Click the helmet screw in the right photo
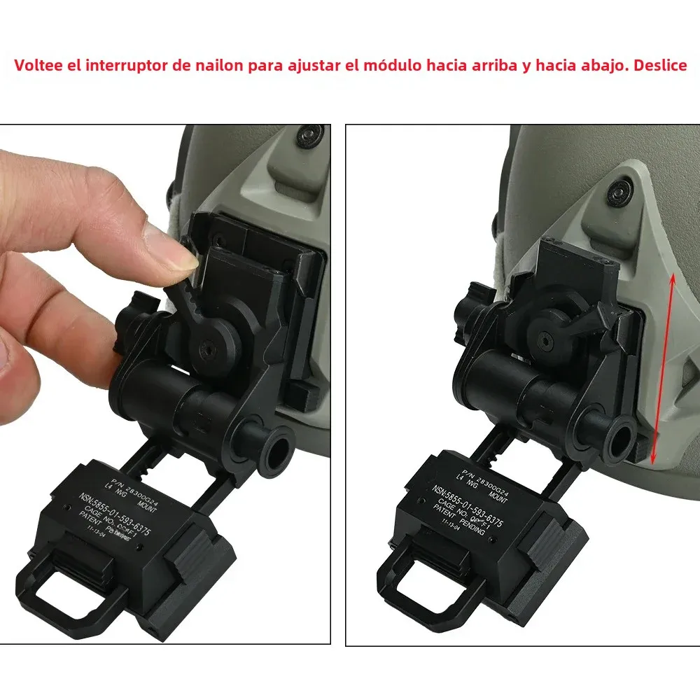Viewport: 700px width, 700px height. pos(617,190)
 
